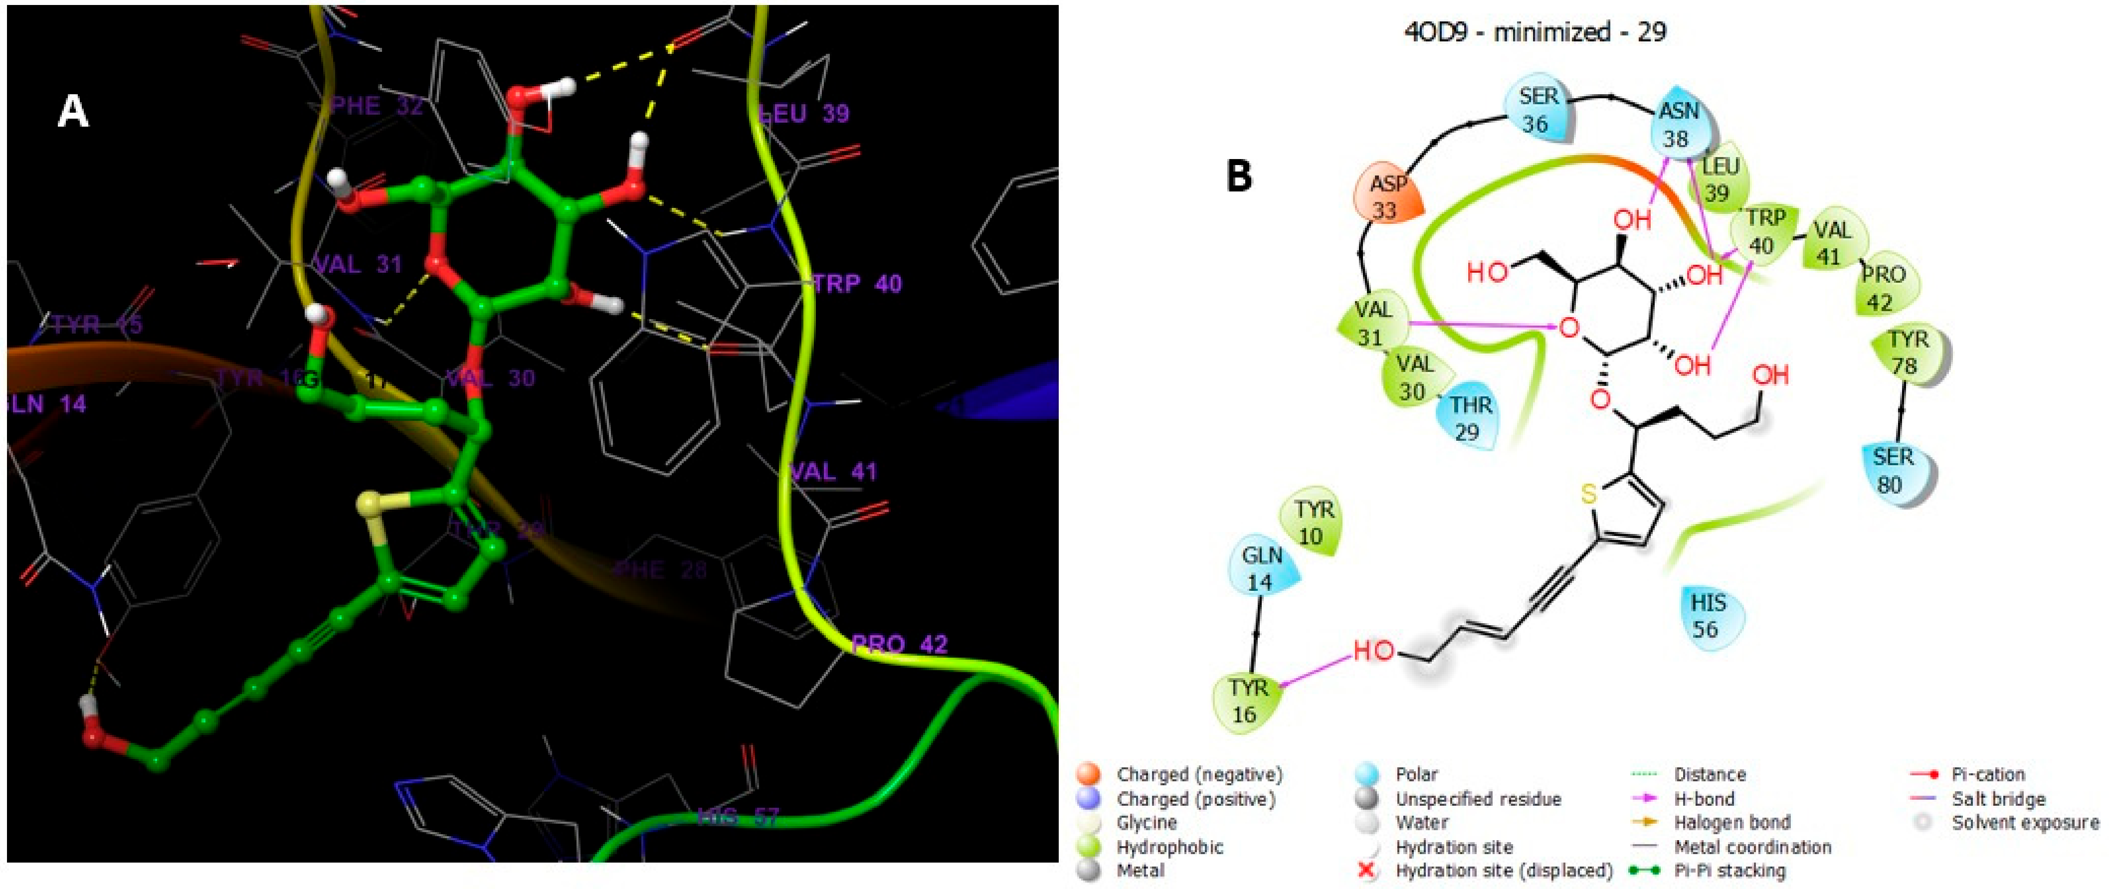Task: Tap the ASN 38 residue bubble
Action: [1678, 125]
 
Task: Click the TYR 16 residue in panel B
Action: [1246, 700]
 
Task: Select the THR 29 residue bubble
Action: [1470, 417]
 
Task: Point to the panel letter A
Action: [73, 111]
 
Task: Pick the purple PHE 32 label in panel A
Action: [377, 106]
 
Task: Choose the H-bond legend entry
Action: [1703, 798]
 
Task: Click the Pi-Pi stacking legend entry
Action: [1729, 870]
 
